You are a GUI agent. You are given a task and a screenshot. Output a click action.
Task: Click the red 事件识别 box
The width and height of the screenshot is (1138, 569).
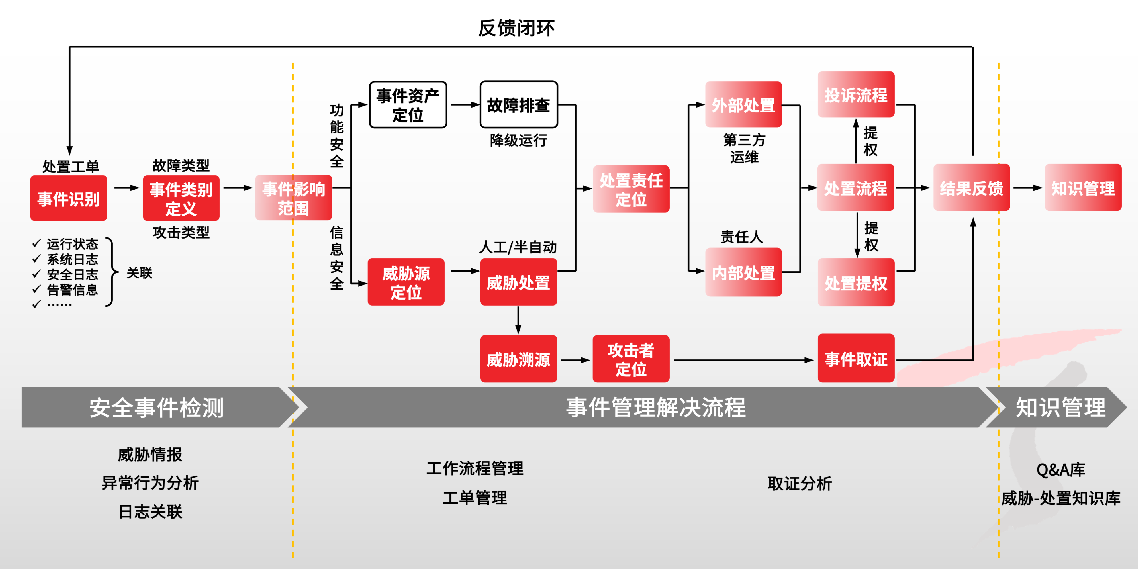click(x=68, y=198)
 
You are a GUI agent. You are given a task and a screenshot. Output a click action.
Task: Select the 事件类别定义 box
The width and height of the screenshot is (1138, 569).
click(x=181, y=198)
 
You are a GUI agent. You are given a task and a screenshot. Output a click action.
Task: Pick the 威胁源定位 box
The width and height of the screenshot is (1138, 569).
click(x=406, y=282)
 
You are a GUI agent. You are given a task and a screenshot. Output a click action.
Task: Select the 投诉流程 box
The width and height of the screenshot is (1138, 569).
click(x=856, y=95)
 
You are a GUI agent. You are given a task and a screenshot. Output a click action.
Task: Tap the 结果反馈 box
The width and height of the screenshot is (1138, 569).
click(x=971, y=188)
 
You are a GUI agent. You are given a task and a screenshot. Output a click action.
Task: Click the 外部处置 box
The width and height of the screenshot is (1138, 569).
click(x=743, y=105)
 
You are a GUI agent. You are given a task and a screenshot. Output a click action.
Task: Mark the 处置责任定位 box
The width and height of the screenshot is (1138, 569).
click(x=631, y=189)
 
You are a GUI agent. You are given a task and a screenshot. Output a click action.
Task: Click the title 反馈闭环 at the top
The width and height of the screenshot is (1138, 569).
click(x=516, y=28)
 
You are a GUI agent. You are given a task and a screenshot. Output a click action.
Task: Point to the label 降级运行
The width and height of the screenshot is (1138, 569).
click(x=519, y=140)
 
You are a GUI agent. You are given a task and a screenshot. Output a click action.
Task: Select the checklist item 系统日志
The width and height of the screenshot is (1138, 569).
click(x=72, y=259)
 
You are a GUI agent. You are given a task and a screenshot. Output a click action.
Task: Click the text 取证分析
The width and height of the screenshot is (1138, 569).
click(x=799, y=483)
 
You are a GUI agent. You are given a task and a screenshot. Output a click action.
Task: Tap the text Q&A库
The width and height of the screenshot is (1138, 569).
click(x=1060, y=470)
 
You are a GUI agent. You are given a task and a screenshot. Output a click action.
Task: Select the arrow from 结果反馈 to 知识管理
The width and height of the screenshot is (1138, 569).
click(x=1027, y=188)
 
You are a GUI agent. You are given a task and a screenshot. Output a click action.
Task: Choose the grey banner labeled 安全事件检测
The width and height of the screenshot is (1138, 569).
click(x=157, y=407)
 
